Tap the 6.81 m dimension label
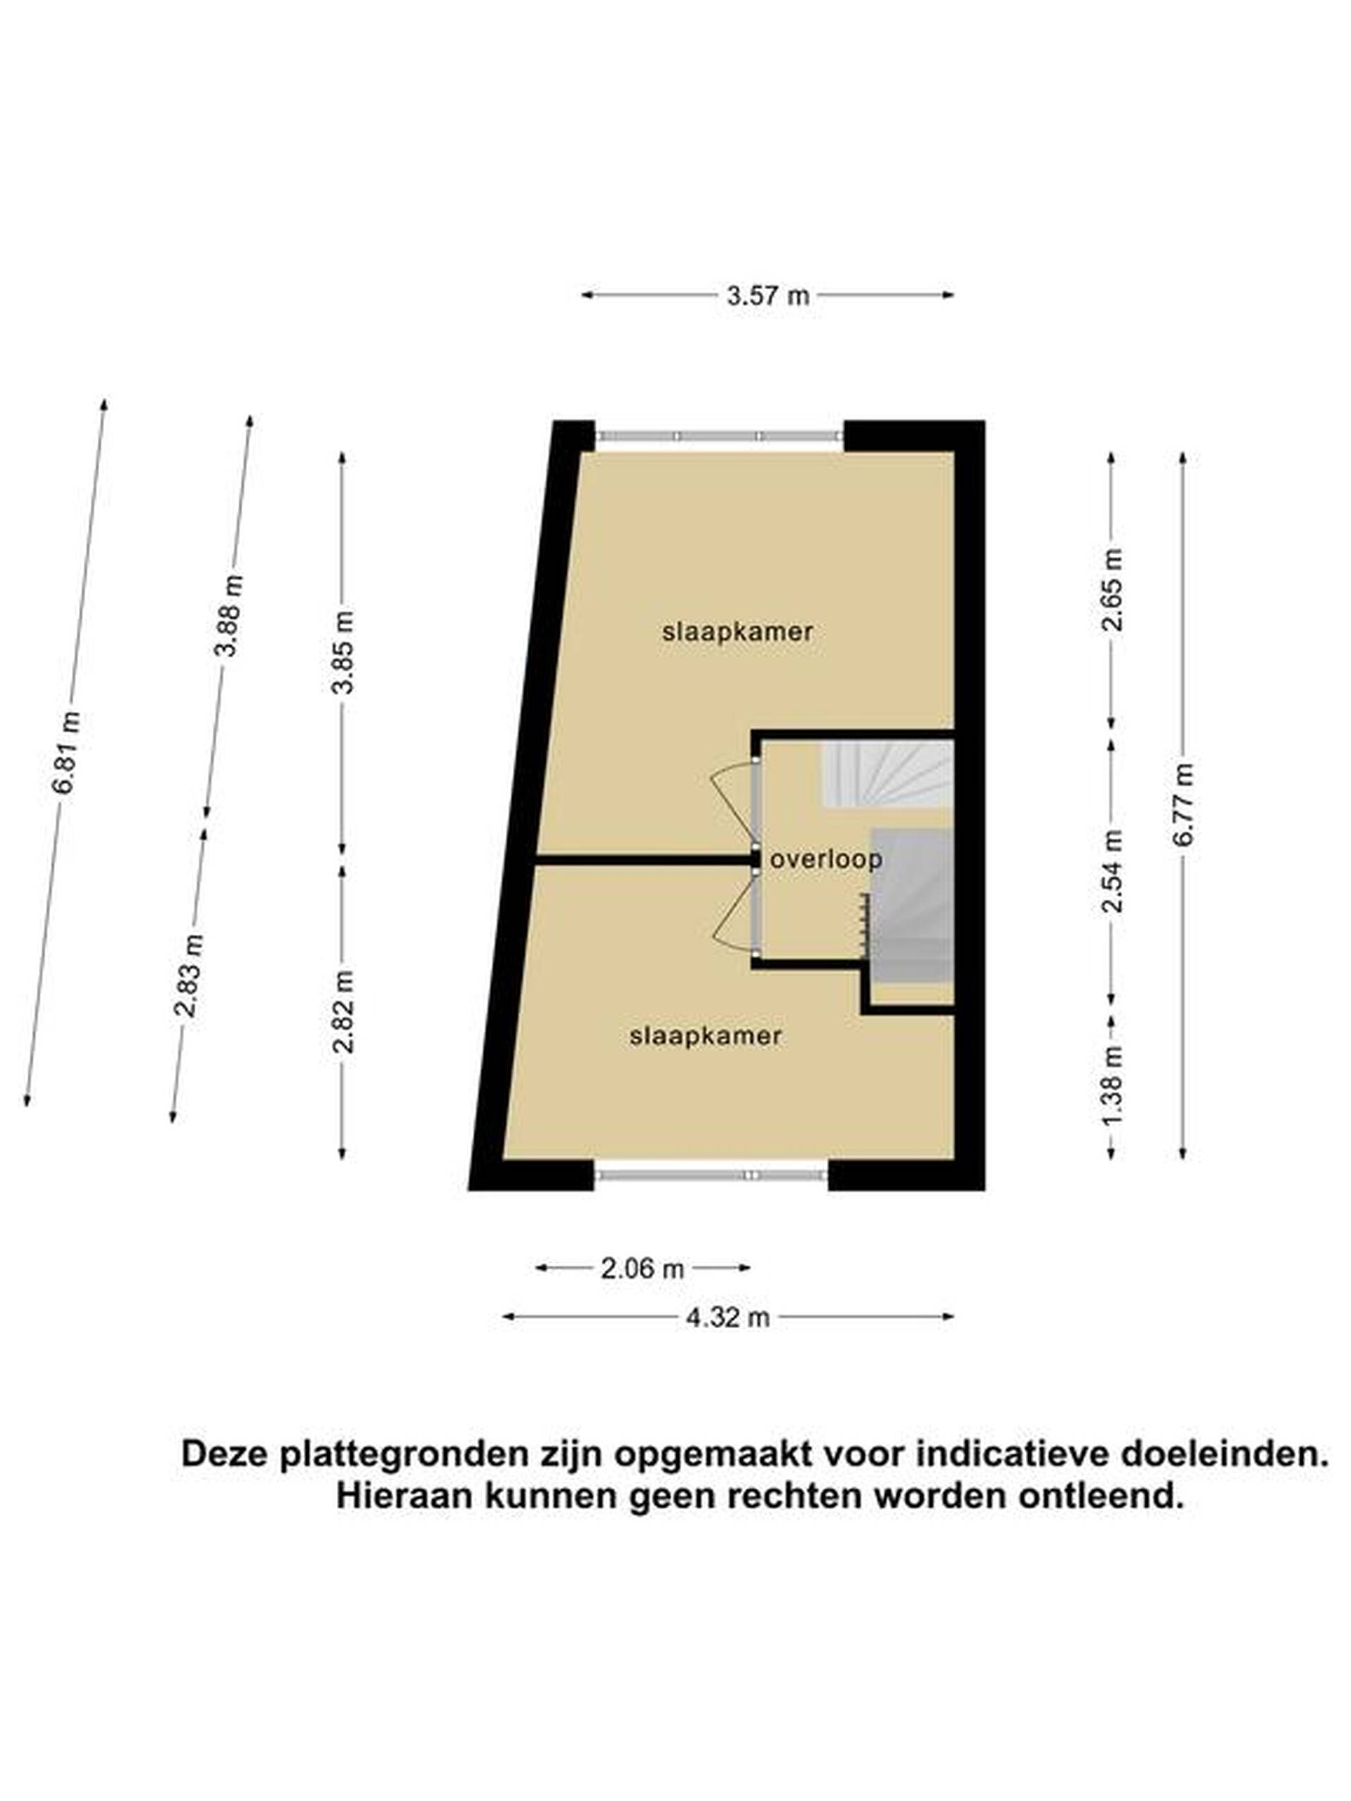point(66,751)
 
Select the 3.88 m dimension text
point(228,616)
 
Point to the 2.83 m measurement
point(189,976)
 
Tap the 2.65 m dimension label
point(1112,590)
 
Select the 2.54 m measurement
point(1112,871)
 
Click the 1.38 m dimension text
point(1112,1086)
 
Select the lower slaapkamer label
point(705,1036)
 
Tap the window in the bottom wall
point(711,1175)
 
